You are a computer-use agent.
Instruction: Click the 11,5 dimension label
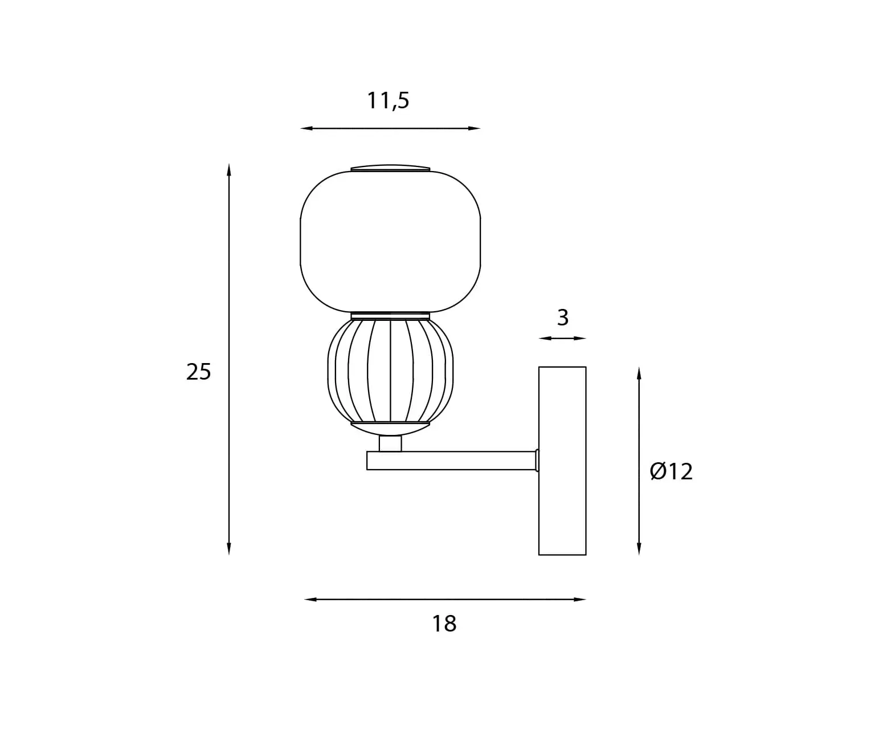[x=388, y=101]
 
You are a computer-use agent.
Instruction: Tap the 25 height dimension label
[x=199, y=372]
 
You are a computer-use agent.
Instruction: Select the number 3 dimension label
[x=563, y=317]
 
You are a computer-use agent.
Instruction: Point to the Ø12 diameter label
[x=671, y=471]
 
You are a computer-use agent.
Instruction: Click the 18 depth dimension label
[x=444, y=624]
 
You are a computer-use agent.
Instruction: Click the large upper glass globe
[x=390, y=242]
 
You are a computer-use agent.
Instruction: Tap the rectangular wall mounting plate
[x=562, y=461]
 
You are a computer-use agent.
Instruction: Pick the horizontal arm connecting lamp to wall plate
[x=451, y=461]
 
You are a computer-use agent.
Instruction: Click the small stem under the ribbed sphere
[x=390, y=443]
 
